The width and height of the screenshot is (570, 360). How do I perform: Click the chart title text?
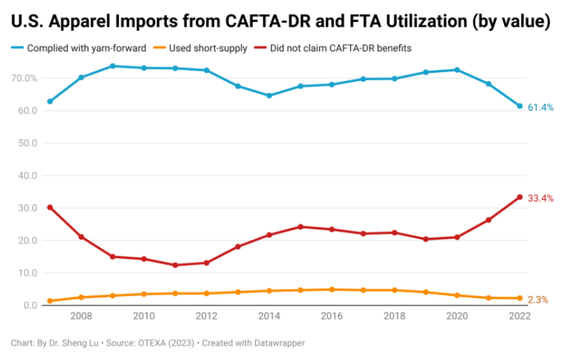pyautogui.click(x=280, y=22)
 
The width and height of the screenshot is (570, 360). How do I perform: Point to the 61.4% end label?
pyautogui.click(x=540, y=108)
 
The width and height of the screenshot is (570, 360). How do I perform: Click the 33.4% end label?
pyautogui.click(x=540, y=199)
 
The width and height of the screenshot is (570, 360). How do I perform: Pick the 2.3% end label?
pyautogui.click(x=538, y=300)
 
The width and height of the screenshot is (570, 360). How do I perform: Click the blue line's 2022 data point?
pyautogui.click(x=520, y=106)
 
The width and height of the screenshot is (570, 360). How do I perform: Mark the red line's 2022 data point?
pyautogui.click(x=520, y=197)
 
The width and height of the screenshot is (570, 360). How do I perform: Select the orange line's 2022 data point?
pyautogui.click(x=520, y=298)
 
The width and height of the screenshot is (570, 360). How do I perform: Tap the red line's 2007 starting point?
pyautogui.click(x=50, y=207)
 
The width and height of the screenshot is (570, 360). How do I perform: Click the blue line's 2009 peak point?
pyautogui.click(x=113, y=66)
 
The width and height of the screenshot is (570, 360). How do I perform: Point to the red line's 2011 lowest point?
pyautogui.click(x=175, y=265)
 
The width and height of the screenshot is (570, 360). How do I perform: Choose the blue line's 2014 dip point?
pyautogui.click(x=269, y=95)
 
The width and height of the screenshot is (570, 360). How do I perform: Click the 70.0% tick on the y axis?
pyautogui.click(x=25, y=78)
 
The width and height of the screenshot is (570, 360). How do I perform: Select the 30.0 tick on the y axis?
pyautogui.click(x=28, y=208)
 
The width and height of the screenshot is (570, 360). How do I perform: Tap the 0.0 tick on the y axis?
pyautogui.click(x=30, y=306)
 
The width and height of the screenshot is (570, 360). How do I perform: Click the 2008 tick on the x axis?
pyautogui.click(x=81, y=317)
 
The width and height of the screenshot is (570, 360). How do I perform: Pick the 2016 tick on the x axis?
pyautogui.click(x=332, y=317)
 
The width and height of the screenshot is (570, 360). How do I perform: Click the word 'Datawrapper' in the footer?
pyautogui.click(x=278, y=342)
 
